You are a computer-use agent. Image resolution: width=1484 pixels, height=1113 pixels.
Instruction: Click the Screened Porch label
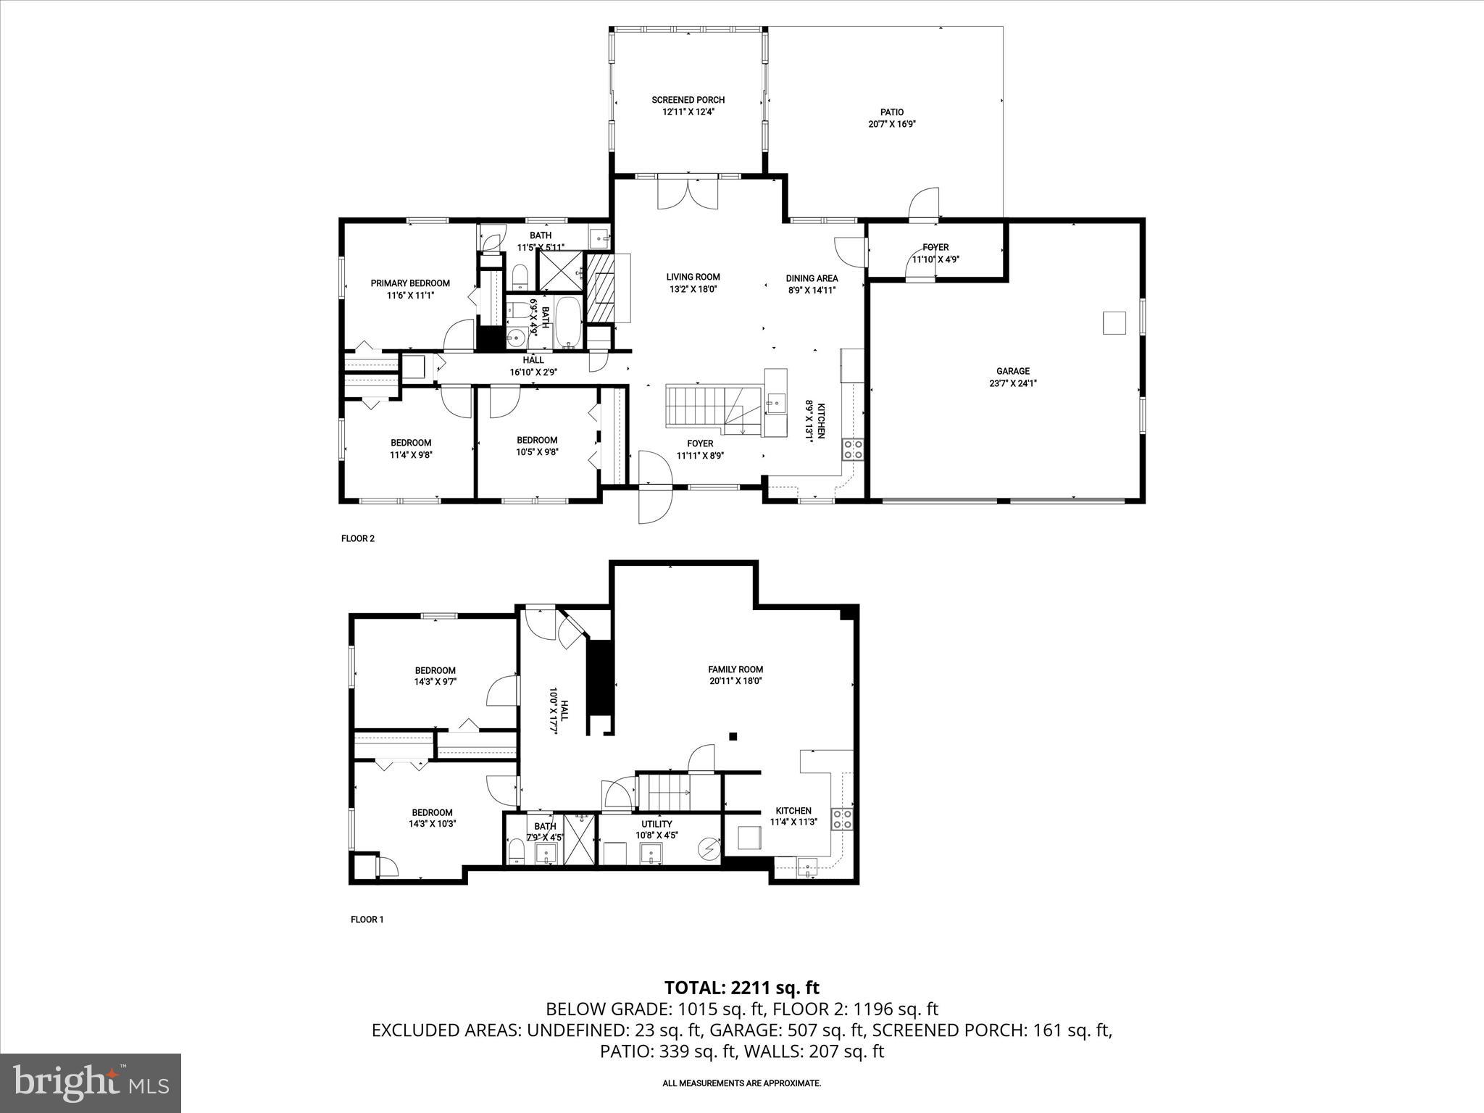[688, 100]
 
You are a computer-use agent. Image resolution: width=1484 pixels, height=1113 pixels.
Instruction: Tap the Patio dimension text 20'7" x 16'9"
[892, 124]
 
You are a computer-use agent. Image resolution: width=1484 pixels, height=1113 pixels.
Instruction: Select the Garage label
[1012, 372]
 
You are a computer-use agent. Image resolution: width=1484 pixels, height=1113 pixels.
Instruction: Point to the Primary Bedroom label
[410, 283]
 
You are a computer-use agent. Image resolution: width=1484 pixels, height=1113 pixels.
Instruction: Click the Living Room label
[693, 277]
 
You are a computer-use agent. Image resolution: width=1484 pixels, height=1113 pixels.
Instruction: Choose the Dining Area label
[812, 278]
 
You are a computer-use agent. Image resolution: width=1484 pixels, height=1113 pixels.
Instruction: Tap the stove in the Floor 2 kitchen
[852, 449]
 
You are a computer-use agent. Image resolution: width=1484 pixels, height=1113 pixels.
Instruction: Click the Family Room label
[735, 670]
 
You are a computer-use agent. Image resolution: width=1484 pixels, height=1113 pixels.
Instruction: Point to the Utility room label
[656, 824]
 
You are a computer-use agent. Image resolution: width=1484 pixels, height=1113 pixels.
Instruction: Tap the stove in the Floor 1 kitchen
[841, 820]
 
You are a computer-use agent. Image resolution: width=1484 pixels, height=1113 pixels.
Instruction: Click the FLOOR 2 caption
[357, 538]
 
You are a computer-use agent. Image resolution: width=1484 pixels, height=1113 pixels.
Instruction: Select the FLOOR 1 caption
[367, 920]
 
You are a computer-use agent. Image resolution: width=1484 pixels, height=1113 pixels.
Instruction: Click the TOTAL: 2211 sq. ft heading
[741, 988]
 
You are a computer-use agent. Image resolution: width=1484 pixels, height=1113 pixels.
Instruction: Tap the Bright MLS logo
[91, 1083]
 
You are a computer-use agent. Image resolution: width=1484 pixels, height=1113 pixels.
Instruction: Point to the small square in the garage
[1114, 322]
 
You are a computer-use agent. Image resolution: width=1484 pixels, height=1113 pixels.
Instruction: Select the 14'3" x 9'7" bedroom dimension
[435, 682]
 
